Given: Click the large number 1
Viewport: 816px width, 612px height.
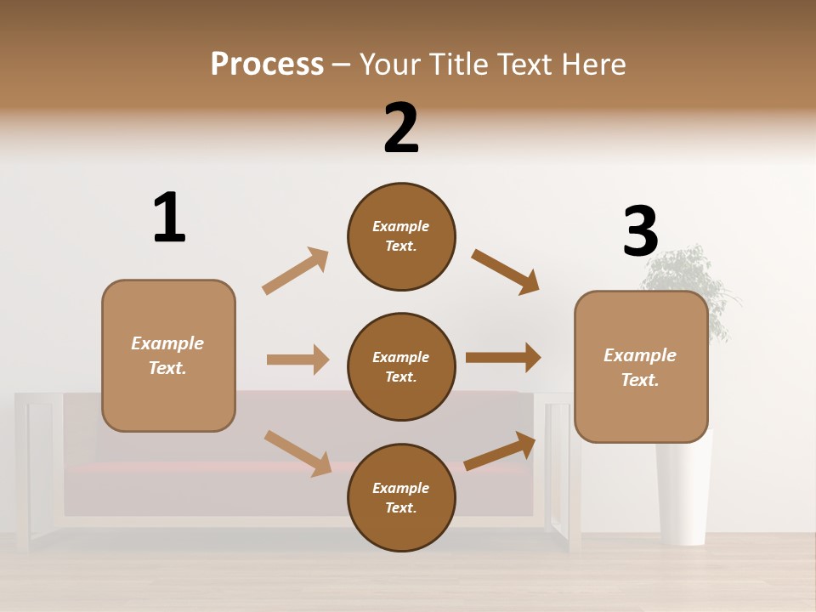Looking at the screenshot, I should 169,218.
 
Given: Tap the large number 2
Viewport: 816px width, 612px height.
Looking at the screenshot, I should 401,128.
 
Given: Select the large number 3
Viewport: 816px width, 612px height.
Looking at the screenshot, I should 640,231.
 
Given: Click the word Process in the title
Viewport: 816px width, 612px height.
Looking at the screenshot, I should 267,64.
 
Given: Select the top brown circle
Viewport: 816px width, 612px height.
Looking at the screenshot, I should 401,236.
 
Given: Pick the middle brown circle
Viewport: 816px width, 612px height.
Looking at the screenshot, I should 401,366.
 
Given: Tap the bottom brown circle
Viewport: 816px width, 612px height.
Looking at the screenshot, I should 401,497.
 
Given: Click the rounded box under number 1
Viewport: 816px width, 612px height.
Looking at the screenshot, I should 168,355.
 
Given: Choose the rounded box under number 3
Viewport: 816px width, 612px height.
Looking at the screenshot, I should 640,367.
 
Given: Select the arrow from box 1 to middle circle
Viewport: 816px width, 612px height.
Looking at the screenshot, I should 298,360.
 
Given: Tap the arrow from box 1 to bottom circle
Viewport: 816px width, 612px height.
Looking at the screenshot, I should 298,453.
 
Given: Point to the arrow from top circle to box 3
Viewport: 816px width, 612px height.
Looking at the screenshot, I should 506,272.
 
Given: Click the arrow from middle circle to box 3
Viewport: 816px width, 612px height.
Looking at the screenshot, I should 503,358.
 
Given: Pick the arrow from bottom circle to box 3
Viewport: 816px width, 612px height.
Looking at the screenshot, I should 501,450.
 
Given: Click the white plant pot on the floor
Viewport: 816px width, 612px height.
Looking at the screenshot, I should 684,493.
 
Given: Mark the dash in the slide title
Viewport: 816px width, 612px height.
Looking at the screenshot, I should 342,65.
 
